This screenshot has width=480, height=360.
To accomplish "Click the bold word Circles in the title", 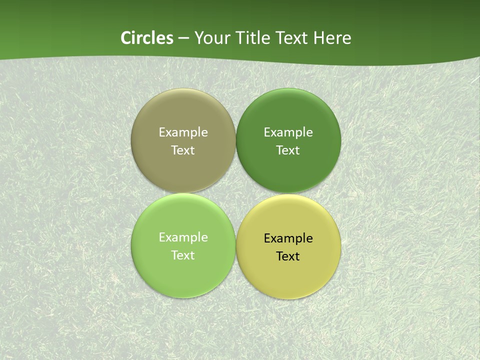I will pyautogui.click(x=146, y=38).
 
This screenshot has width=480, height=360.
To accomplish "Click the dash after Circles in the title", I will pyautogui.click(x=183, y=38).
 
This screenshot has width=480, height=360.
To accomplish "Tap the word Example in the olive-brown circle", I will pyautogui.click(x=183, y=132).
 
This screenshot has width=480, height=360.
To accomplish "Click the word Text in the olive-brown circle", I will pyautogui.click(x=183, y=150).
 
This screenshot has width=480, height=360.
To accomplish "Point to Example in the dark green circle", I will pyautogui.click(x=288, y=132).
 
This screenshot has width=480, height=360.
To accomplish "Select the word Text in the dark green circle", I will pyautogui.click(x=288, y=150).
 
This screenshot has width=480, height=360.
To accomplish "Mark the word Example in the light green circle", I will pyautogui.click(x=183, y=237).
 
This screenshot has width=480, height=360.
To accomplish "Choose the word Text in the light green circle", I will pyautogui.click(x=183, y=255).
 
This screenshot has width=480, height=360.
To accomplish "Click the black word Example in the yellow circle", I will pyautogui.click(x=288, y=238).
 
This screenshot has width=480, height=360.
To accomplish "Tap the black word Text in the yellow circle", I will pyautogui.click(x=288, y=256).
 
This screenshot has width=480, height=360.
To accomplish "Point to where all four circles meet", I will pyautogui.click(x=235, y=193).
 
